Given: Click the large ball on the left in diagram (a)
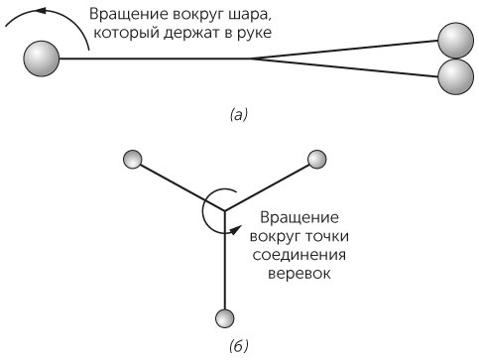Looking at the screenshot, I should (43, 58).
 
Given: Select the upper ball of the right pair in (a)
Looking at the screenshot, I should (455, 41).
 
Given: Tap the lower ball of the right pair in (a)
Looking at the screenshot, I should (455, 76).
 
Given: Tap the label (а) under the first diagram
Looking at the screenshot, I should (237, 115).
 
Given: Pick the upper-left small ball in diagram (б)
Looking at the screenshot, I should (132, 159).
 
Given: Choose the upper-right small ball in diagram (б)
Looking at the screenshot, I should (317, 159).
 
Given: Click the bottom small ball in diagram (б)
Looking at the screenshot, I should (224, 317).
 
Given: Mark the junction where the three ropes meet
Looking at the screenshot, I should (224, 209).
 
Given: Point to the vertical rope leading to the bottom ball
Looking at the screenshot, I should (224, 263).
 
